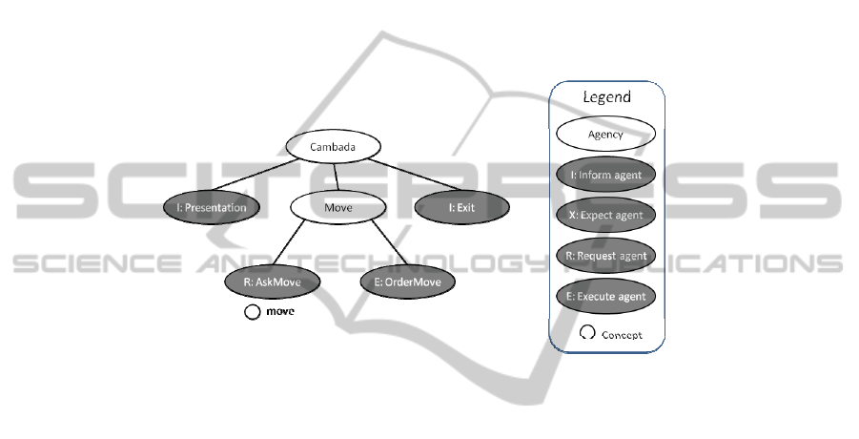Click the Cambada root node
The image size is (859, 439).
334,147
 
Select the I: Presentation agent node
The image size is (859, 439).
211,206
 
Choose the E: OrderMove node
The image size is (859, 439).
408,282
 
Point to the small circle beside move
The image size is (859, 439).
253,311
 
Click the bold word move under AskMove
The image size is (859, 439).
279,311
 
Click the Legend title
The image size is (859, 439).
607,97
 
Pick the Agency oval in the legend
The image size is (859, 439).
605,135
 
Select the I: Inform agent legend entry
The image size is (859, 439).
605,175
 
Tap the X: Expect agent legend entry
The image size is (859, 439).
605,215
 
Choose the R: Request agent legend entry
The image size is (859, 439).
605,255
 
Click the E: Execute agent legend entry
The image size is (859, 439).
605,296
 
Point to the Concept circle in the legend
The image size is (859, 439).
587,334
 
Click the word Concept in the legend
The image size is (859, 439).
621,335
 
